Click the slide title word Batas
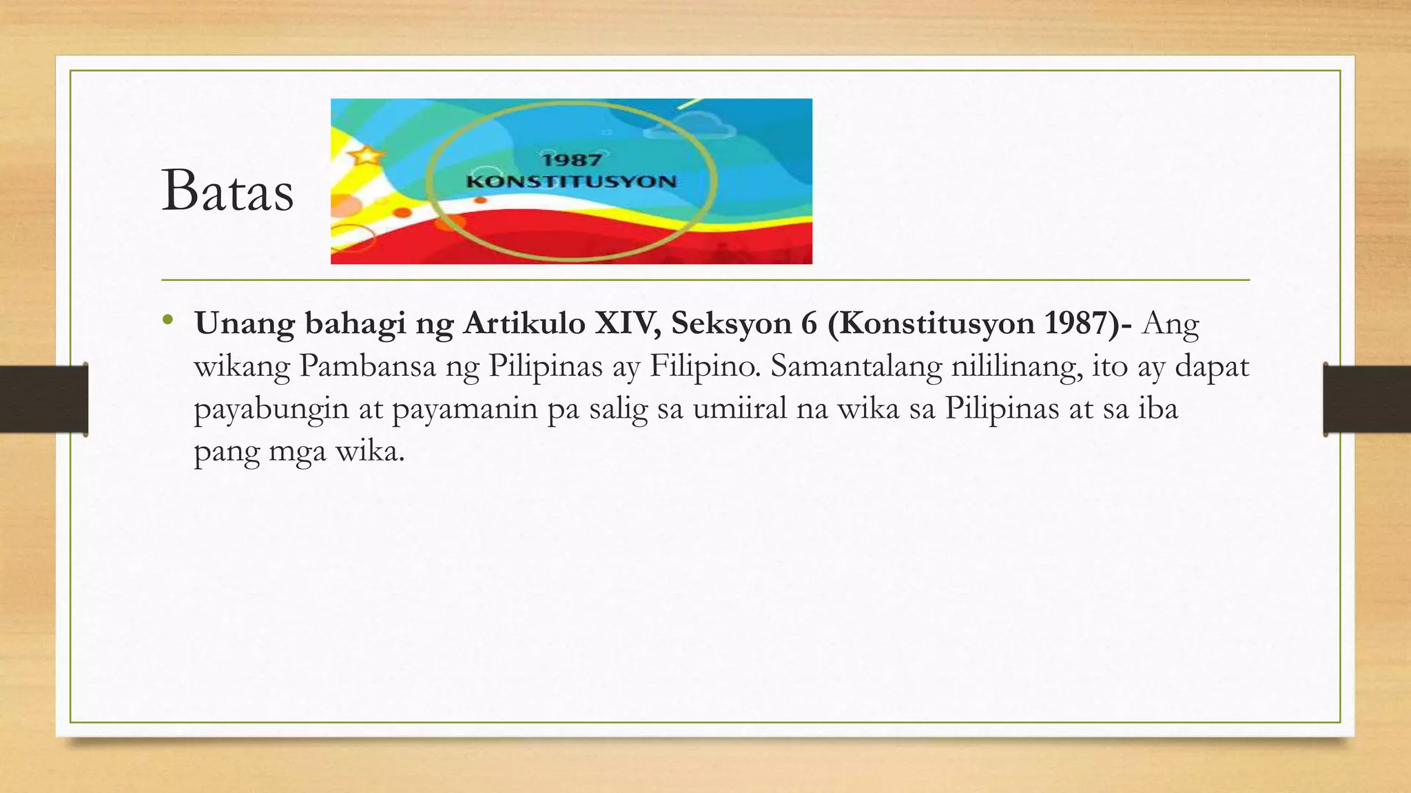(227, 191)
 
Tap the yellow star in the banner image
(366, 154)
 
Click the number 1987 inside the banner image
(571, 160)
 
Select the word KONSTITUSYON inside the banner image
(571, 182)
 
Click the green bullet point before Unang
(167, 319)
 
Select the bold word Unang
(245, 323)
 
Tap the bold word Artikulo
(524, 323)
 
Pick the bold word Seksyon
(731, 323)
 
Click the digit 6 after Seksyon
(809, 323)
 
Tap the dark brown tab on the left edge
(43, 399)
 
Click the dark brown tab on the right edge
(1367, 399)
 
